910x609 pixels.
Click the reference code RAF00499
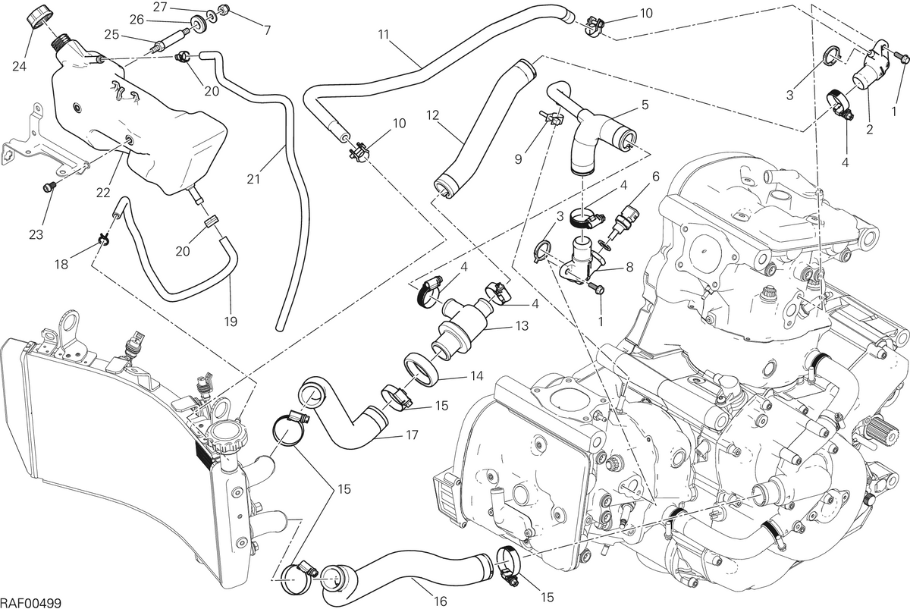pos(30,602)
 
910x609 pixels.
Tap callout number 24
pos(19,66)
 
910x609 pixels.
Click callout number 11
pos(384,35)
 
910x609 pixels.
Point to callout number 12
pos(433,115)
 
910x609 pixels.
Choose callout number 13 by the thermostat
pos(522,326)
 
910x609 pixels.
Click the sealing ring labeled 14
pos(422,368)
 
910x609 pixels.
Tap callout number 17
pos(412,435)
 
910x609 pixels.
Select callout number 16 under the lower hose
pos(440,601)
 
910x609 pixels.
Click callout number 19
pos(231,322)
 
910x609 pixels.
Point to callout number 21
pos(253,179)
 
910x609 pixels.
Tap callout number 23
pos(36,234)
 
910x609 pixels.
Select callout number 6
pos(655,177)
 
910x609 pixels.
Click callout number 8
pos(629,267)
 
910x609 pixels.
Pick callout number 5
pos(645,105)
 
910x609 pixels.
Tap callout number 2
pos(869,130)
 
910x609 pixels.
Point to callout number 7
pos(267,30)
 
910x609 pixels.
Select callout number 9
pos(518,159)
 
